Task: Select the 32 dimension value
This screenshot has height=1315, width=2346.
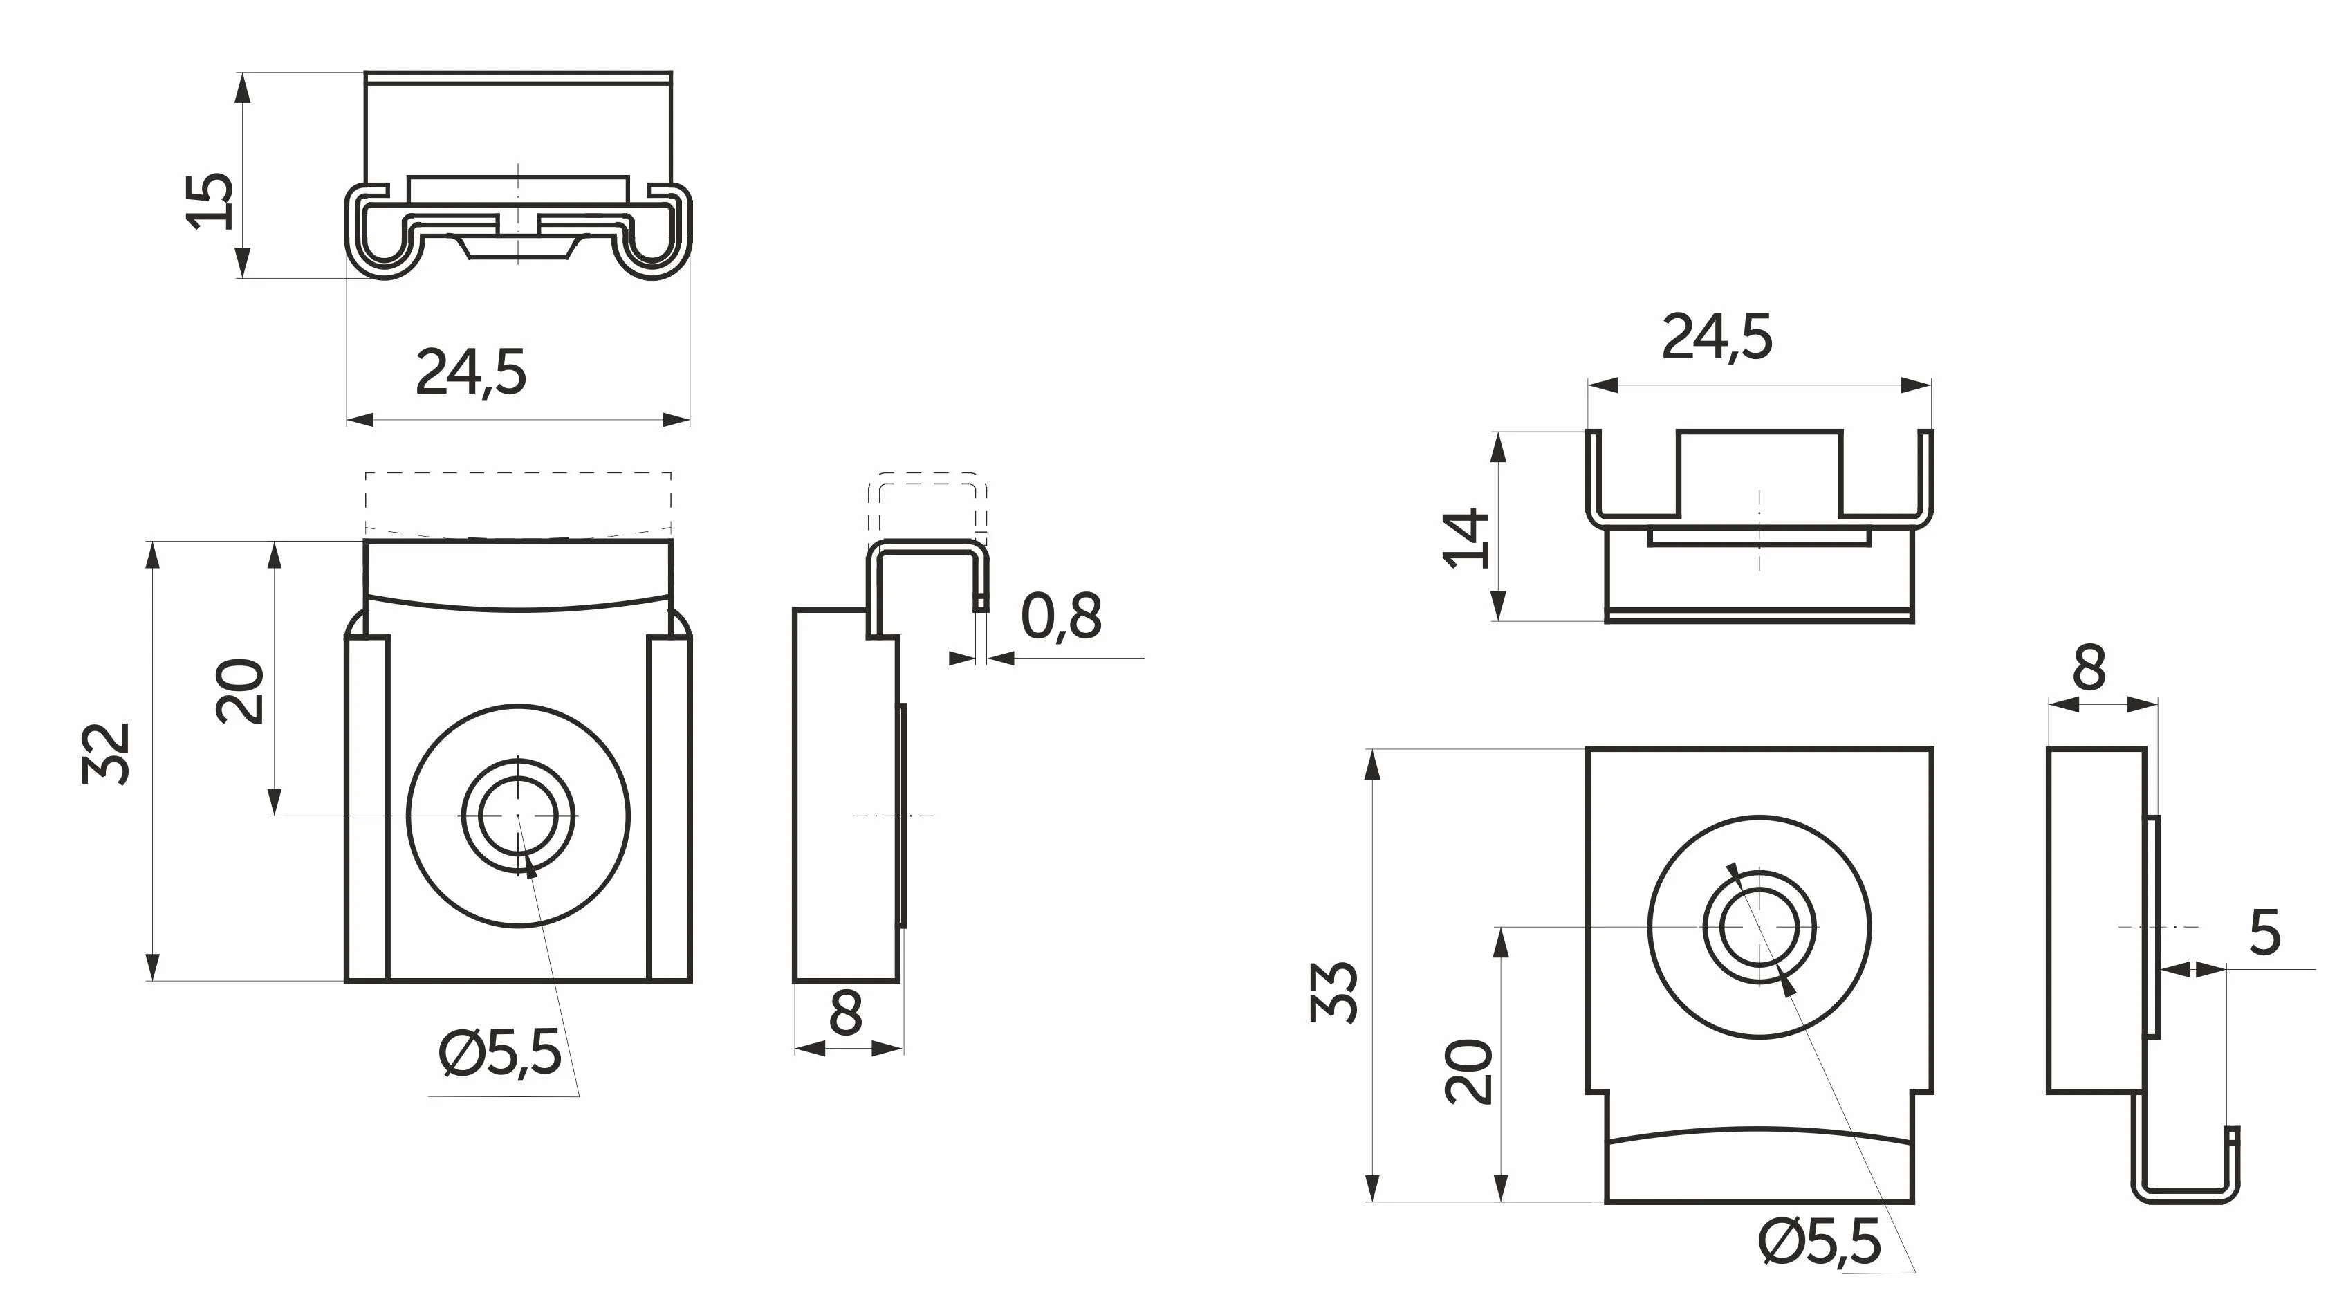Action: (x=107, y=753)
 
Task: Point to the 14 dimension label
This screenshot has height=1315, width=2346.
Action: (x=1468, y=539)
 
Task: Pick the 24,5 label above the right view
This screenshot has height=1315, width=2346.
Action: (x=1717, y=338)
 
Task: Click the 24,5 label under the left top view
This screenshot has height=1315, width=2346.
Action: (x=471, y=372)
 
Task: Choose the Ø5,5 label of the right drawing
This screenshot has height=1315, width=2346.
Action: (x=1820, y=1242)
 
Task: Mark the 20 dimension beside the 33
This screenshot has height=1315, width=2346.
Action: (x=1469, y=1071)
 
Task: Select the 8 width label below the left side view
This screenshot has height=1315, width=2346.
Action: (x=846, y=1013)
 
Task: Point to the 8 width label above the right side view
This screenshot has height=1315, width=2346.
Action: (x=2089, y=668)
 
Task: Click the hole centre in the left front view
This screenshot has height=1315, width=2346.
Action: (x=517, y=815)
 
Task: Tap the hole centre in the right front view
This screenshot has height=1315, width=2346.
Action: (x=1759, y=927)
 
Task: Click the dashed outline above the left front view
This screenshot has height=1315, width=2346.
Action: (x=518, y=501)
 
